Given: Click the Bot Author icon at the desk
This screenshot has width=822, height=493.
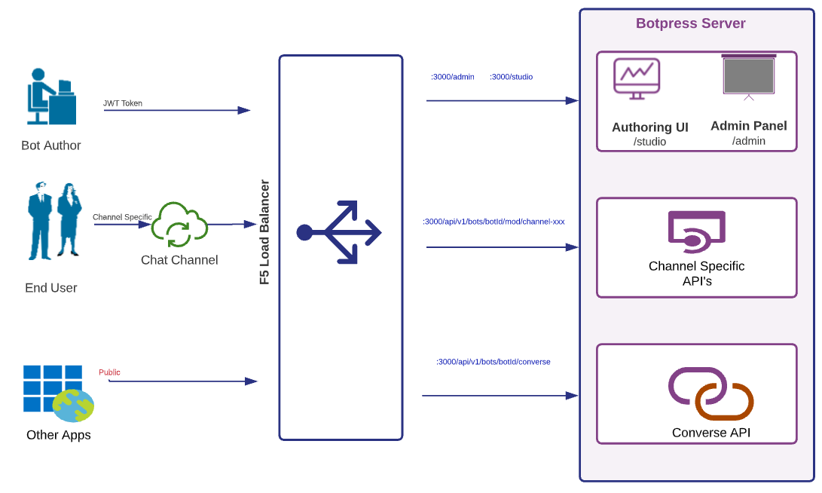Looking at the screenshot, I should [51, 96].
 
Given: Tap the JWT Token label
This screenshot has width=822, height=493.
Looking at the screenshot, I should [123, 103].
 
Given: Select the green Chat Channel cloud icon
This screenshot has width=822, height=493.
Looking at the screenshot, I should [179, 225].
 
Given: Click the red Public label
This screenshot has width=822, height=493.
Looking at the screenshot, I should [109, 372].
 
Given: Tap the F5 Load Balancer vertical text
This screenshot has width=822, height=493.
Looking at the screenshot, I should [264, 232].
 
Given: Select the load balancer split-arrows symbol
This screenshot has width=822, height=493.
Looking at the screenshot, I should [340, 232].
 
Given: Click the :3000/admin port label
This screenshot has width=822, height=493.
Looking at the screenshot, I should [452, 77].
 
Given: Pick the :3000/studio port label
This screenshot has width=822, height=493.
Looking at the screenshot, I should [511, 77].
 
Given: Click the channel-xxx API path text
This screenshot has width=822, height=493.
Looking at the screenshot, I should [494, 222].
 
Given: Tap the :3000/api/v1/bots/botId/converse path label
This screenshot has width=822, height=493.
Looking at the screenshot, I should [493, 362].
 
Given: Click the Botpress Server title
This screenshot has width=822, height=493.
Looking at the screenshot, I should [690, 23].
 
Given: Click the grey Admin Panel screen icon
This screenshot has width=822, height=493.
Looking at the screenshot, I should [748, 76].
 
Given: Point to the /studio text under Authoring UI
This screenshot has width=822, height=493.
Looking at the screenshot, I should [649, 142].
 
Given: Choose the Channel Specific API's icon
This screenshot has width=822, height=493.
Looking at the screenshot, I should [696, 231].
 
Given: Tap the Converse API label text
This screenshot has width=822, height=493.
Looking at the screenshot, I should [710, 433].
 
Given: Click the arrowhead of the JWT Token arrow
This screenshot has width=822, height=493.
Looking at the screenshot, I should [244, 110].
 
